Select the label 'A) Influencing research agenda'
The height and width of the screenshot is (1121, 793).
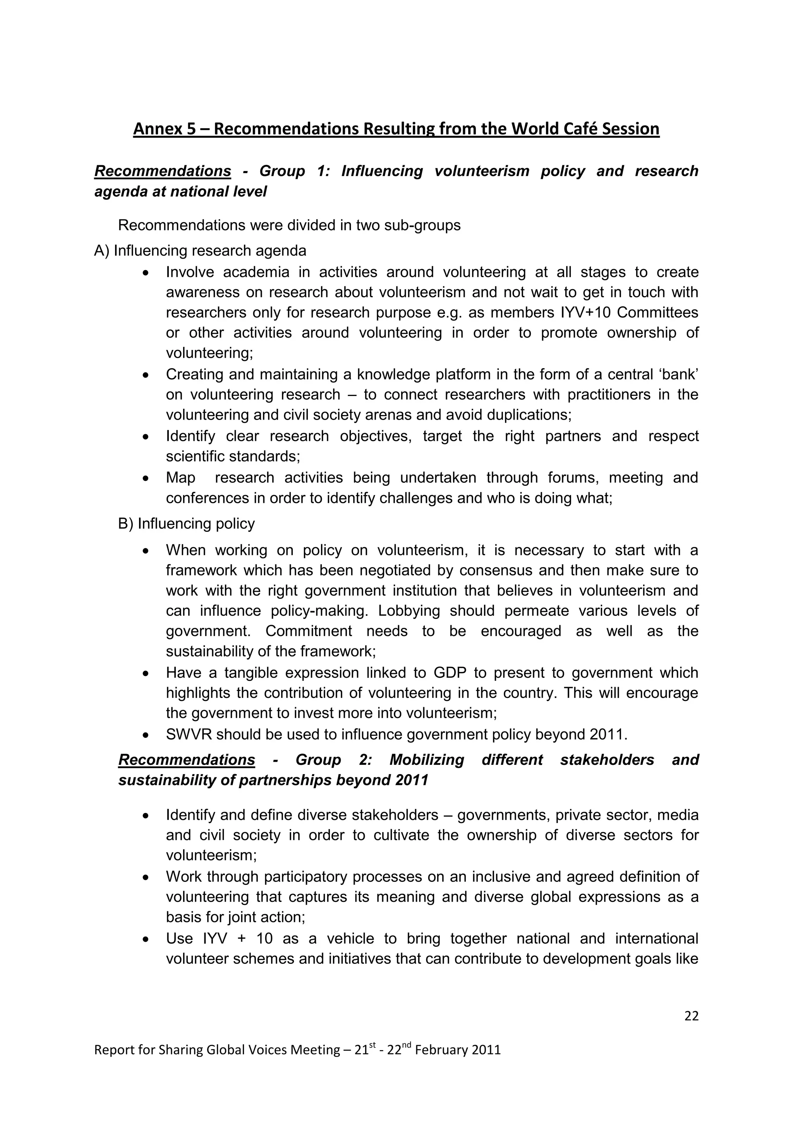coord(200,250)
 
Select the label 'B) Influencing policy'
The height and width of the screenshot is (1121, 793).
coord(187,523)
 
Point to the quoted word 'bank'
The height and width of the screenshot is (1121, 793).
coord(679,374)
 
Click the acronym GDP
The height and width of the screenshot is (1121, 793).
coord(450,673)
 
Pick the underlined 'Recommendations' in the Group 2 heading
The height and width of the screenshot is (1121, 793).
coord(187,760)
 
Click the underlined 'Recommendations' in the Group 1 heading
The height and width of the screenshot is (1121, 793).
coord(163,171)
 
